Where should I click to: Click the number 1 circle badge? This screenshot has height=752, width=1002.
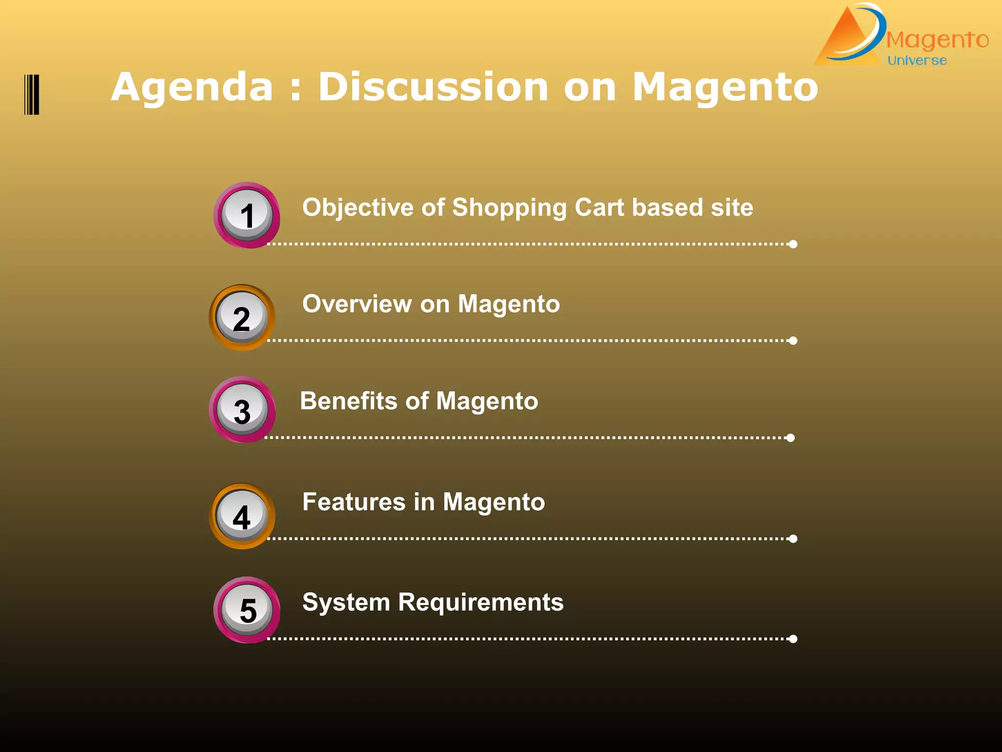tap(247, 215)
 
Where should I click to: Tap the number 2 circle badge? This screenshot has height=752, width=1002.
tap(242, 318)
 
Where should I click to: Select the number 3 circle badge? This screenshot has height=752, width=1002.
tap(242, 410)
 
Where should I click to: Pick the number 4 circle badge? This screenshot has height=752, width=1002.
tap(242, 516)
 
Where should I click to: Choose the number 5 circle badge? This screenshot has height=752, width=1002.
tap(247, 610)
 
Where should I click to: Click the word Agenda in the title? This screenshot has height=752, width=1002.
tap(192, 87)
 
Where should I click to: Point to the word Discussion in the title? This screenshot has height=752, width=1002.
tap(433, 87)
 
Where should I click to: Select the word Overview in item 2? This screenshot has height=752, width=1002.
tap(357, 304)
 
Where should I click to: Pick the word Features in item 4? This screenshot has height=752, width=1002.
tap(354, 502)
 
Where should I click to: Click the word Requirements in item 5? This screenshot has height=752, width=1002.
tap(480, 602)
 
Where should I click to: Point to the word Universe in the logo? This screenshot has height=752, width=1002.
tap(917, 61)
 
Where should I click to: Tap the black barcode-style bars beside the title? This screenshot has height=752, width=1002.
tap(32, 94)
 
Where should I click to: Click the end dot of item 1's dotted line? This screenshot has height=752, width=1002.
tap(793, 244)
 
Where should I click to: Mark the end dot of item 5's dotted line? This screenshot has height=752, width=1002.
tap(793, 638)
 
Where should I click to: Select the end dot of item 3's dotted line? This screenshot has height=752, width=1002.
tap(790, 438)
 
